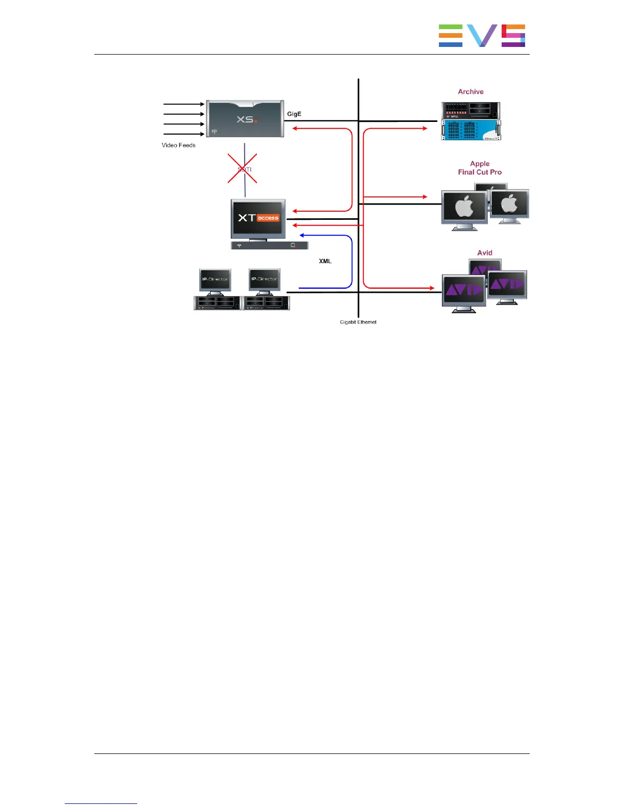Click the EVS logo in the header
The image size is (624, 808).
pyautogui.click(x=482, y=36)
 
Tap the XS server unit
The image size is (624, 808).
pyautogui.click(x=245, y=119)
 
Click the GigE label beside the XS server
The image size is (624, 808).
pyautogui.click(x=294, y=114)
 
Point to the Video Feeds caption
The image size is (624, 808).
pyautogui.click(x=178, y=145)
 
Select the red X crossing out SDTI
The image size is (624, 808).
pyautogui.click(x=242, y=168)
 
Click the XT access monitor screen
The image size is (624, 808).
pyautogui.click(x=258, y=218)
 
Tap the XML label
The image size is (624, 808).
pyautogui.click(x=325, y=261)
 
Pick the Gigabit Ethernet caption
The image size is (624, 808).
pyautogui.click(x=358, y=322)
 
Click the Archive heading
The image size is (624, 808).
pyautogui.click(x=471, y=92)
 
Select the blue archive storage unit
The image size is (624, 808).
pyautogui.click(x=471, y=130)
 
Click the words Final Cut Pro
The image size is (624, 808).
pyautogui.click(x=480, y=172)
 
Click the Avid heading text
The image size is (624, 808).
pyautogui.click(x=485, y=253)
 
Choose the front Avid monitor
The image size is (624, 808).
pyautogui.click(x=463, y=291)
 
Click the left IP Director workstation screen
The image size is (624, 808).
pyautogui.click(x=215, y=280)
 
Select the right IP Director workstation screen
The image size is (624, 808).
pyautogui.click(x=265, y=279)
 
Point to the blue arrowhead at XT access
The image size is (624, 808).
pyautogui.click(x=302, y=235)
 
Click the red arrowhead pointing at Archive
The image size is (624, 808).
pyautogui.click(x=425, y=129)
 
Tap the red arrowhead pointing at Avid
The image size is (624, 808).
pyautogui.click(x=432, y=288)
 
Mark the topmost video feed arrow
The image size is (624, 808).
pyautogui.click(x=184, y=104)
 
